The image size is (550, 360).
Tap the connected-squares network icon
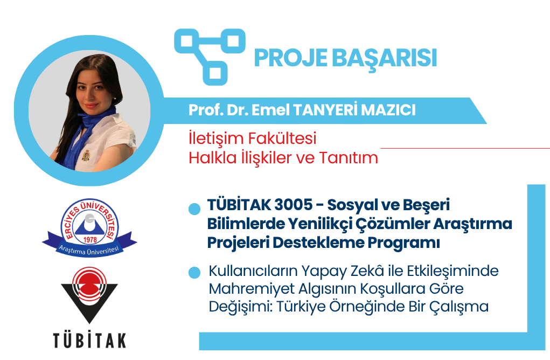(x=210, y=57)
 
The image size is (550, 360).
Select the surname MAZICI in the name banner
(x=388, y=110)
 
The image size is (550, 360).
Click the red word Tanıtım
(x=349, y=157)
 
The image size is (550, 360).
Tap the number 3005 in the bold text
(x=294, y=205)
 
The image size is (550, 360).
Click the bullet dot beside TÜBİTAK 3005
(x=194, y=209)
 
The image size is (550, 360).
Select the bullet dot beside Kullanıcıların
(x=194, y=273)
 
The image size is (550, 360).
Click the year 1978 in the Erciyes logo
(x=90, y=240)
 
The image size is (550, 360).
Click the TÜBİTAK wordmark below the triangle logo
(x=89, y=341)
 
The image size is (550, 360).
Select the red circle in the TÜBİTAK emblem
(x=89, y=284)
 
